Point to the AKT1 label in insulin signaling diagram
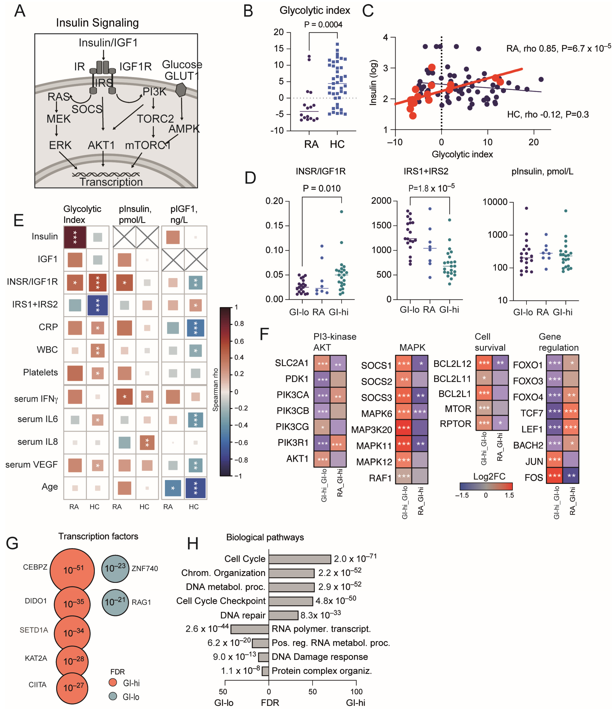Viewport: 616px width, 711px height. pos(101,145)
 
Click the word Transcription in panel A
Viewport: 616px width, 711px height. pos(111,182)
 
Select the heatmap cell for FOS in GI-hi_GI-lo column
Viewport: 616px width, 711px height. pos(554,476)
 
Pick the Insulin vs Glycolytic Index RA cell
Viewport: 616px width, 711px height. pos(75,237)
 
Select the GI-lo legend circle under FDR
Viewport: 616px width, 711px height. pos(113,696)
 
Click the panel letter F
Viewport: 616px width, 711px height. pos(264,334)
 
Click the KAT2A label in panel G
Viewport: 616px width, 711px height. pos(36,658)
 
